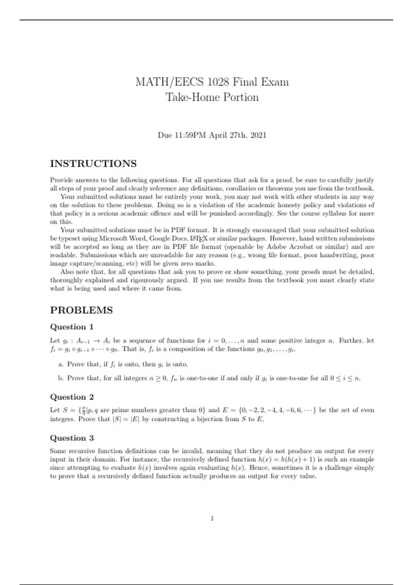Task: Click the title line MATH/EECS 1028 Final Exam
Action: [212, 82]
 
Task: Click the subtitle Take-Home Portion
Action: [212, 97]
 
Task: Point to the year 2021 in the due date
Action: [258, 135]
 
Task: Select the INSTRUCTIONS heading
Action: [93, 163]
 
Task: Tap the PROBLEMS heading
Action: [81, 310]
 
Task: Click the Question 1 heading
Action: [72, 327]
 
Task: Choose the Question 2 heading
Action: [72, 397]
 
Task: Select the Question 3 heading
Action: [72, 438]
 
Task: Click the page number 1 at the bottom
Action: [212, 518]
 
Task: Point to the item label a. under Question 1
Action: [61, 364]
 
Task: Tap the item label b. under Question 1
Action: [61, 378]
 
